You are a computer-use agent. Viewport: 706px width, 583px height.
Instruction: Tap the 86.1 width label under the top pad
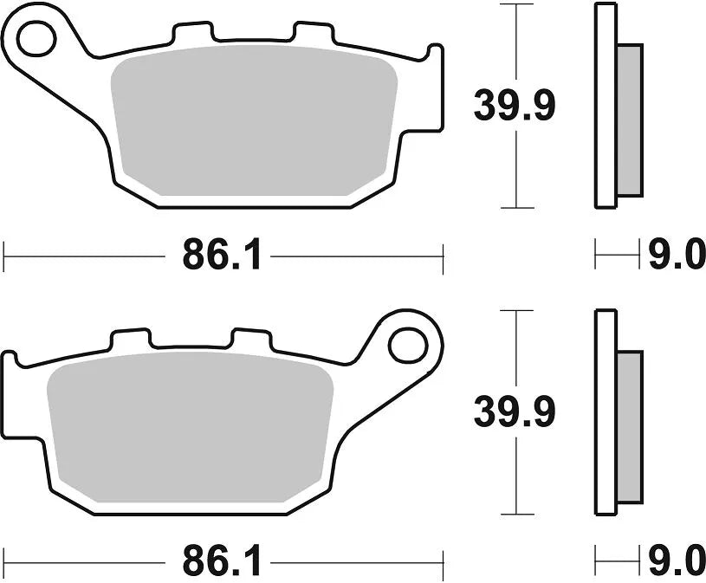221,256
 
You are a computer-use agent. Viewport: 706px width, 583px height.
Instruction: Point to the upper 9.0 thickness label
677,256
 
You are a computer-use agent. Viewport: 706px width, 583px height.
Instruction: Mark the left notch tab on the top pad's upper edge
192,33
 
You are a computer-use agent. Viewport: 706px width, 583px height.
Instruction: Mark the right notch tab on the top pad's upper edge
312,33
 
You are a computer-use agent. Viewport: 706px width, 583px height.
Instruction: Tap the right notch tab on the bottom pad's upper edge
251,340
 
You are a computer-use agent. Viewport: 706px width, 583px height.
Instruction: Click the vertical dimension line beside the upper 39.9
517,173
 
